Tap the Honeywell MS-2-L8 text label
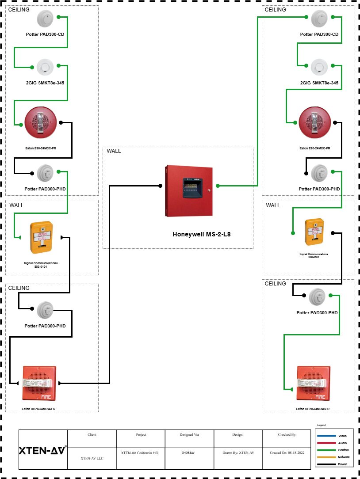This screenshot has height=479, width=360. (x=201, y=234)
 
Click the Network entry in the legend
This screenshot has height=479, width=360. (x=344, y=457)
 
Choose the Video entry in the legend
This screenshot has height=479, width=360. (x=342, y=436)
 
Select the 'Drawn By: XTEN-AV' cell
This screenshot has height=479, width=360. (x=238, y=453)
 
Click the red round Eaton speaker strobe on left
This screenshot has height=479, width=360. (x=41, y=122)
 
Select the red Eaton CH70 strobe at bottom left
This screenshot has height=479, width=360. (x=39, y=383)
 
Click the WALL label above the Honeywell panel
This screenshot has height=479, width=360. (x=114, y=151)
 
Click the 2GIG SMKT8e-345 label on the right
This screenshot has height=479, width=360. (x=319, y=83)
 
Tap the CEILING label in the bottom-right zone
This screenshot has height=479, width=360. (x=275, y=284)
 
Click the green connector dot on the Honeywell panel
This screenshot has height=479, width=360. (x=218, y=186)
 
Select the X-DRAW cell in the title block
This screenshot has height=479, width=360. (x=189, y=453)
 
